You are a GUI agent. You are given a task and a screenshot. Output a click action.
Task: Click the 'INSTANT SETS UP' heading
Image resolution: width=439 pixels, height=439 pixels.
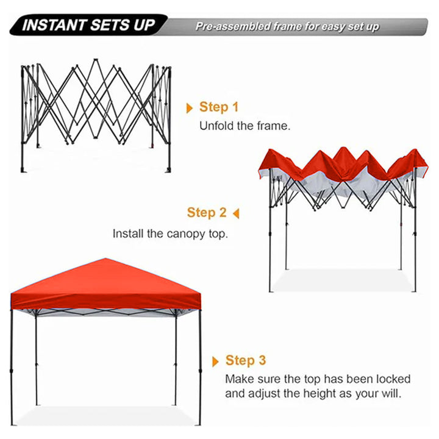(x=88, y=26)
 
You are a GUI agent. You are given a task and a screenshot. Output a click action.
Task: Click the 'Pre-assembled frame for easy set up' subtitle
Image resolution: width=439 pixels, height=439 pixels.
(x=287, y=27)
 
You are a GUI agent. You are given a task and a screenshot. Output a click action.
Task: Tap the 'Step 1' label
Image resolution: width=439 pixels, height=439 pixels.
(x=218, y=107)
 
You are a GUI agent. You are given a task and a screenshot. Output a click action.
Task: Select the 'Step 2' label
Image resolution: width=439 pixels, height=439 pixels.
(x=207, y=213)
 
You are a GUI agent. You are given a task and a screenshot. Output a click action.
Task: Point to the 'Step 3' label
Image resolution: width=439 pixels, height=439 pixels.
(x=246, y=360)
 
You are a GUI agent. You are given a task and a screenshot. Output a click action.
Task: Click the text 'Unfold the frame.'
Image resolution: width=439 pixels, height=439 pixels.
(x=245, y=126)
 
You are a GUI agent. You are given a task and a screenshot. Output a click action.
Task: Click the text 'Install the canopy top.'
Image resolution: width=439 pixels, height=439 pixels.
(x=170, y=234)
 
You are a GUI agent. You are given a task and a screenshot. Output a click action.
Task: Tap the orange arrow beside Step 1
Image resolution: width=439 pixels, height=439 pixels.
(x=189, y=108)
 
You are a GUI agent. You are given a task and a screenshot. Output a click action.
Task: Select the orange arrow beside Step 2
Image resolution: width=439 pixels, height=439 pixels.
(x=236, y=213)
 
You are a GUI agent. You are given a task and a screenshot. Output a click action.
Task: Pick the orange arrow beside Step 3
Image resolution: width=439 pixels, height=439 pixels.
(x=215, y=362)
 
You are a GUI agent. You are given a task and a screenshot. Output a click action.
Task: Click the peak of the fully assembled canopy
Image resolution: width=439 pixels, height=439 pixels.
(x=107, y=260)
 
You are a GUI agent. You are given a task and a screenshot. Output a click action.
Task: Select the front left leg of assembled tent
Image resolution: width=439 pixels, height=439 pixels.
(x=12, y=366)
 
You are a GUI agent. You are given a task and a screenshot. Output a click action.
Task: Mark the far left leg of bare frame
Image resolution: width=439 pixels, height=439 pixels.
(x=23, y=122)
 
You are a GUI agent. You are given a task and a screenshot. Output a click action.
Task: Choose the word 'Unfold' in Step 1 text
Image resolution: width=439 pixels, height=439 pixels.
(x=215, y=126)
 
